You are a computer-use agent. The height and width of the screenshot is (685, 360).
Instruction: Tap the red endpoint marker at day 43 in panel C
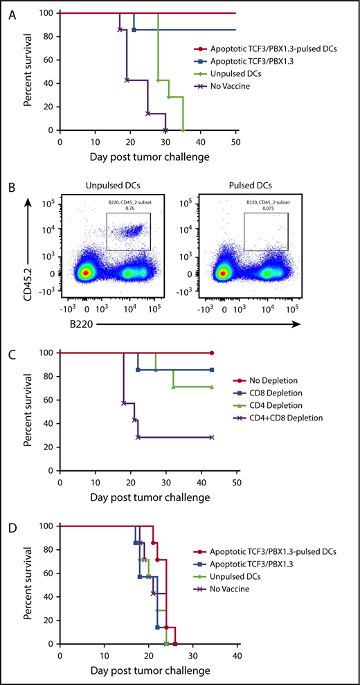211,353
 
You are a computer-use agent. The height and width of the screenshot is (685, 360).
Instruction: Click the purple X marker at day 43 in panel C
211,437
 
